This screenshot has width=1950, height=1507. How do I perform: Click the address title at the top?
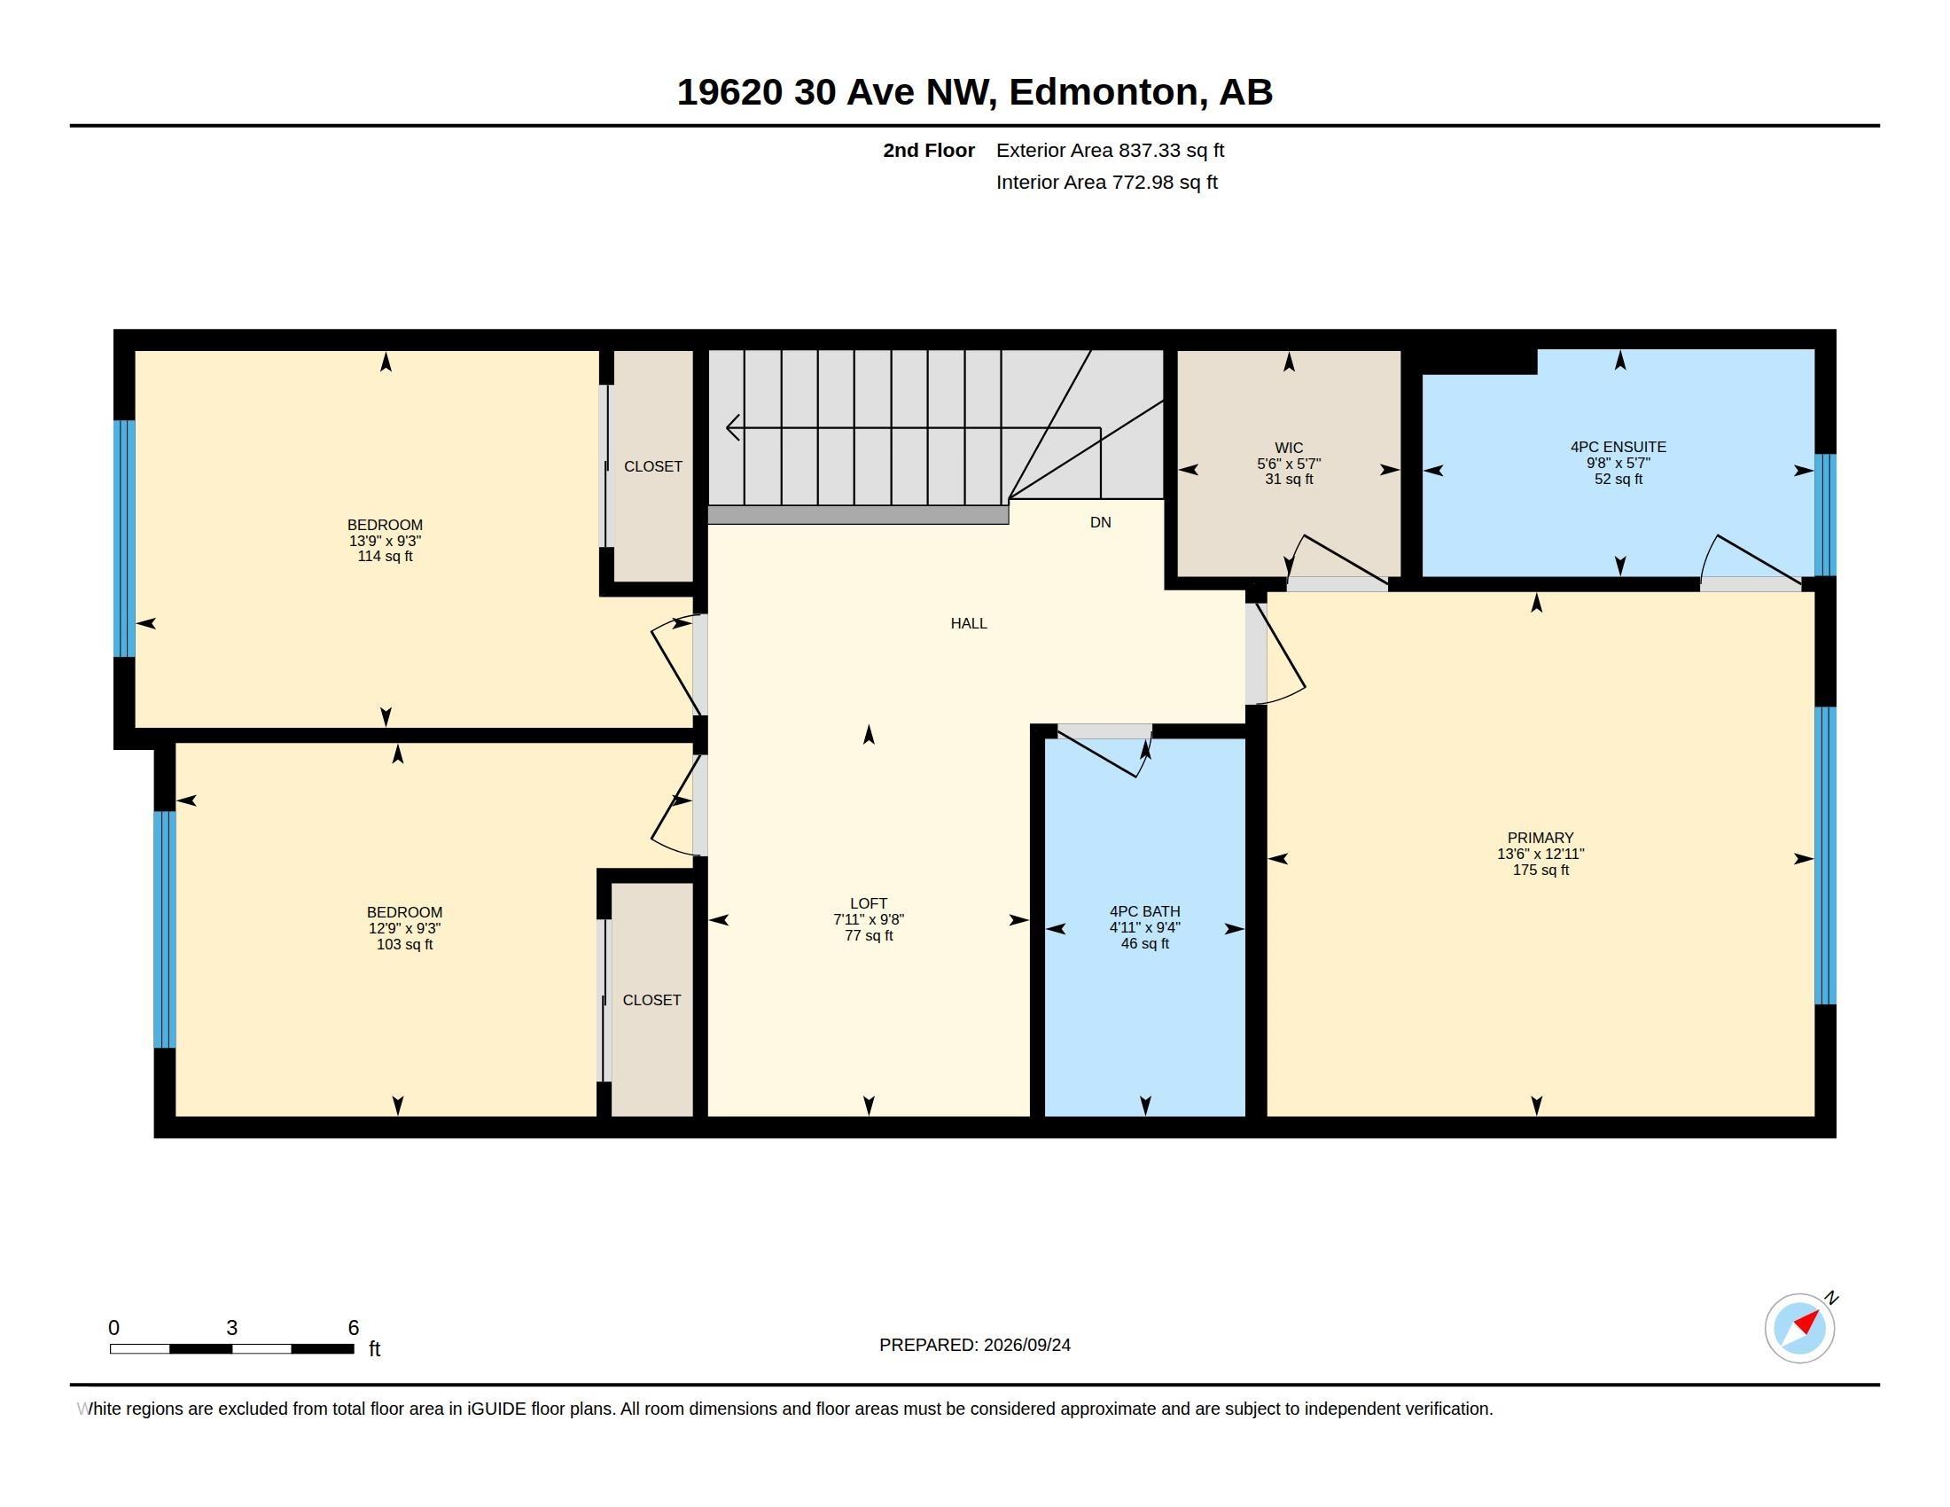[974, 92]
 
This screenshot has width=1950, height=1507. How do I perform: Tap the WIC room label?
[1289, 448]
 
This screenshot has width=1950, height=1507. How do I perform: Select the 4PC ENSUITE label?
[1618, 447]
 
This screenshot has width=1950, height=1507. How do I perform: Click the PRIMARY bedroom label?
[1540, 838]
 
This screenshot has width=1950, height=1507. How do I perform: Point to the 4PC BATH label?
[1144, 911]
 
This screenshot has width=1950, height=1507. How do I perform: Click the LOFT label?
[869, 903]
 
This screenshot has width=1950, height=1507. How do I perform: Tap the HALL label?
[969, 623]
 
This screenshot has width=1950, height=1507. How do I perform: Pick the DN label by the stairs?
[1100, 522]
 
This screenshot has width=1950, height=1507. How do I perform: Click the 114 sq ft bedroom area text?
[385, 556]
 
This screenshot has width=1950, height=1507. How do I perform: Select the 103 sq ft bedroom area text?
[404, 945]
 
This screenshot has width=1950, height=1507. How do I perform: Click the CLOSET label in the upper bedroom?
[652, 466]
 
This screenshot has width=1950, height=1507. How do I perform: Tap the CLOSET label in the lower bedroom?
[651, 1000]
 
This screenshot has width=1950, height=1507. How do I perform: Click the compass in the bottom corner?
[1800, 1328]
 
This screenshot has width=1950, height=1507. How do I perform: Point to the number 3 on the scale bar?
[232, 1328]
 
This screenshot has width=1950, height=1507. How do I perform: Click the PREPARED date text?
[974, 1345]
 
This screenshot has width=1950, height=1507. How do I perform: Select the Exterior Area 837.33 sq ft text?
[1110, 151]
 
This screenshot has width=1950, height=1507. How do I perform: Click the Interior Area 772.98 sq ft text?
[1106, 182]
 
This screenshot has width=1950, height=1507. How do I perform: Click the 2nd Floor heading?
[929, 151]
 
